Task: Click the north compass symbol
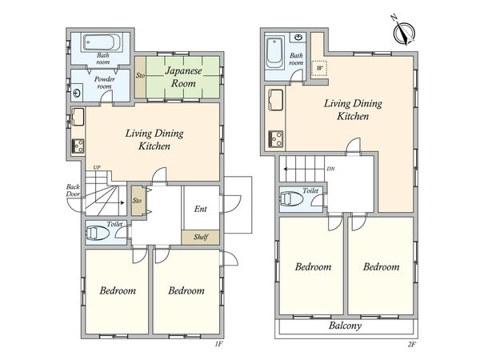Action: coord(404,31)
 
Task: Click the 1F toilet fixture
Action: coord(98,233)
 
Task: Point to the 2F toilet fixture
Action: coord(291,198)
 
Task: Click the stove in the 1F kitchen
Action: coord(78,146)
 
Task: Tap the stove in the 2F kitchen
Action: coord(276,138)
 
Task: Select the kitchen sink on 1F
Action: coord(78,117)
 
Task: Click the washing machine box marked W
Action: coord(319,68)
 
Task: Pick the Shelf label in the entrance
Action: coord(201,237)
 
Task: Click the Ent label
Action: coord(201,209)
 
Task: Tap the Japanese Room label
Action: coord(183,77)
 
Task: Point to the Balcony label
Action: coord(345,326)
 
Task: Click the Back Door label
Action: coord(73,190)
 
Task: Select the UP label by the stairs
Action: coord(97,167)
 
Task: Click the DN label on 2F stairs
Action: coord(330,169)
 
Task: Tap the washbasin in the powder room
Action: coord(77,93)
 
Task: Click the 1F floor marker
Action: coord(218,344)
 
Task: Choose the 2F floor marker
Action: coord(412,344)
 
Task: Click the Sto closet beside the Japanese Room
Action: coord(141,77)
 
